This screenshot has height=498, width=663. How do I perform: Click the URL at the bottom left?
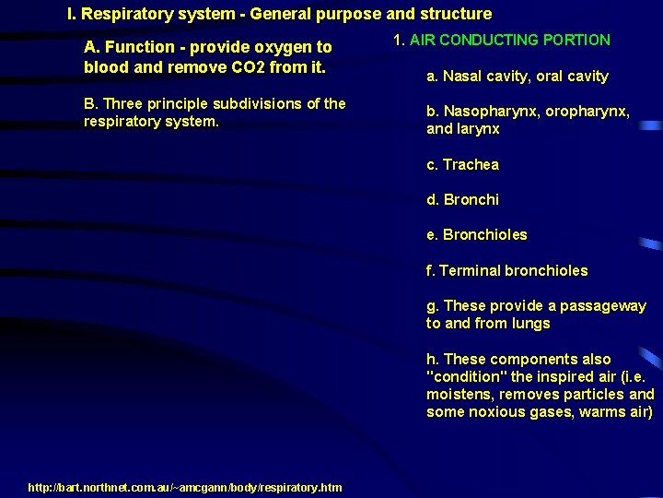185,487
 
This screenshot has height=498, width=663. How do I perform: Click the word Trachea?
471,165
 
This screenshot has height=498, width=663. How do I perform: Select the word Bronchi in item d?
471,200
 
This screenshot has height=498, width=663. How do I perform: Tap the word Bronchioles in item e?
485,235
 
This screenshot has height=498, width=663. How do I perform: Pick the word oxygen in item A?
281,47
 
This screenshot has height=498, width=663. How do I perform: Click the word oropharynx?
587,112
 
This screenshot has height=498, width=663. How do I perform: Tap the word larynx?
478,129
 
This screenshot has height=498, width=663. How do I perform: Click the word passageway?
602,306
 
